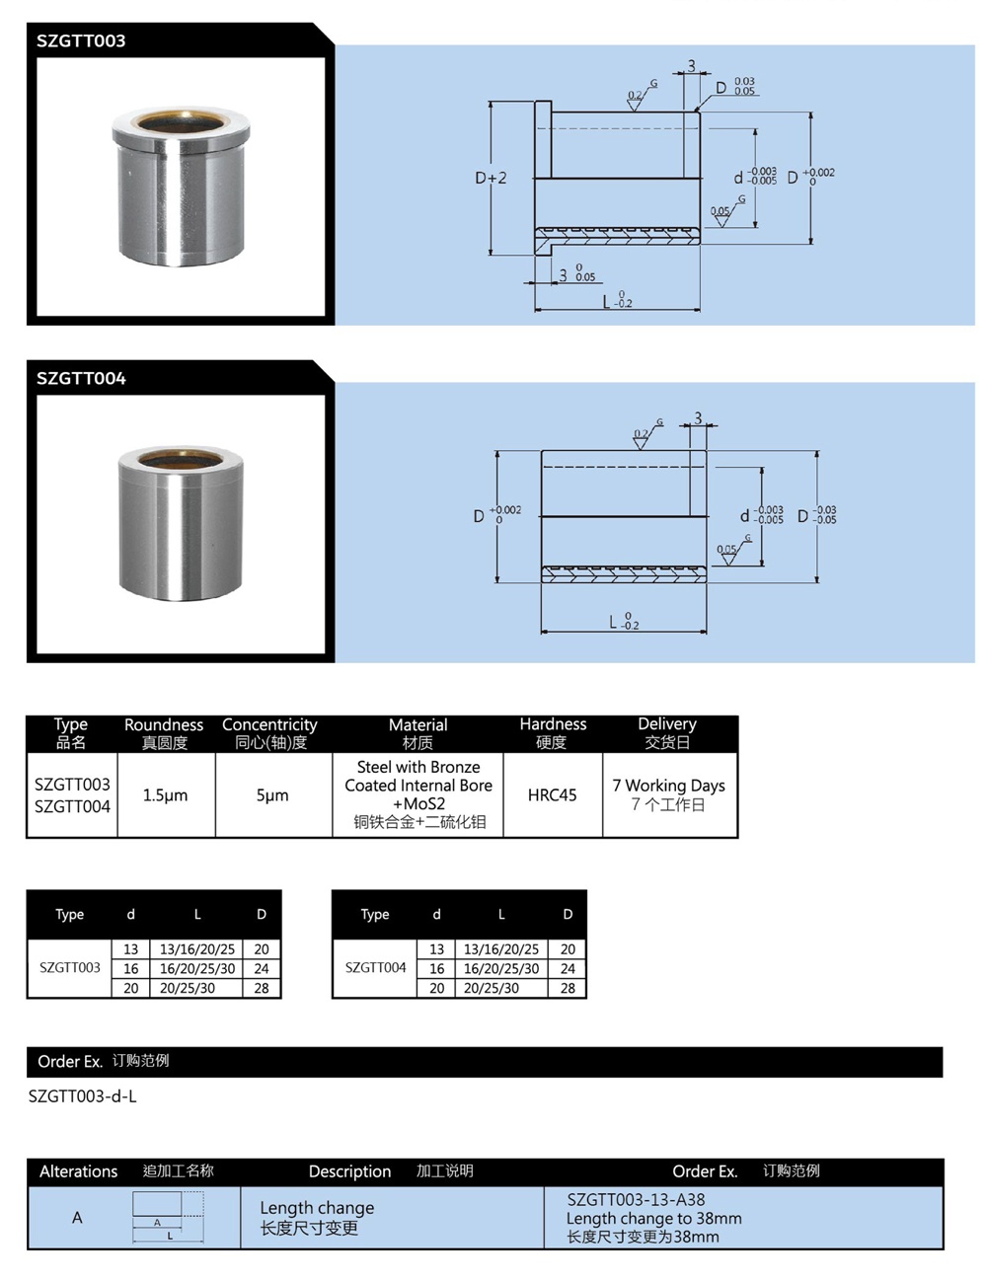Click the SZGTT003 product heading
pos(81,40)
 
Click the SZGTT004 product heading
pos(81,378)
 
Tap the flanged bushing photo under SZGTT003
pos(180,188)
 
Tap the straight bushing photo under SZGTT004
pos(180,523)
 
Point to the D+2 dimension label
pos(491,178)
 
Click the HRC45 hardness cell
pos(552,794)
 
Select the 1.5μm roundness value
pos(165,794)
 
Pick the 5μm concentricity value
pos(272,794)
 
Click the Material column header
pos(418,732)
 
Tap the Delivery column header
pos(667,732)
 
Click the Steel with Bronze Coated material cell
pos(418,785)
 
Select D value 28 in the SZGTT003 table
pos(262,988)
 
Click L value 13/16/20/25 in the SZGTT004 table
pos(501,949)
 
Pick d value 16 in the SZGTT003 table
pos(131,969)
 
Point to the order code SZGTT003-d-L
pos(83,1096)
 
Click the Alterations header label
pos(78,1171)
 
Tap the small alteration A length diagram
pos(169,1216)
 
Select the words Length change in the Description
pos(317,1208)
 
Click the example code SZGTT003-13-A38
pos(636,1200)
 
